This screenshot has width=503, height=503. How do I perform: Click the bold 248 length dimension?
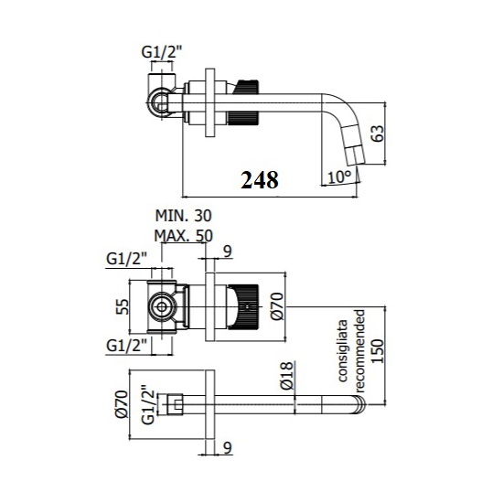coord(260,180)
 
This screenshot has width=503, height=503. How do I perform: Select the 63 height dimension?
coord(377,134)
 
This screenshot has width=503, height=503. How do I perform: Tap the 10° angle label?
coord(339,177)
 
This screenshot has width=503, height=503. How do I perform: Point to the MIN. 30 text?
coord(184,216)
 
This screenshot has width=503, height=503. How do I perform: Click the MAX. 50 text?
coord(184,236)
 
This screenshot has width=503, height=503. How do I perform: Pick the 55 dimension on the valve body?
coord(123,306)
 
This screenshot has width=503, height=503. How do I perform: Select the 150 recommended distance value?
coord(377,351)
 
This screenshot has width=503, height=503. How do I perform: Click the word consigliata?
coord(343,350)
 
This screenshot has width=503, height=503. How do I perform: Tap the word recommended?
coord(360,350)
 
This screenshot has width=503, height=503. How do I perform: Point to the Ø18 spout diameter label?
coord(287,376)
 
